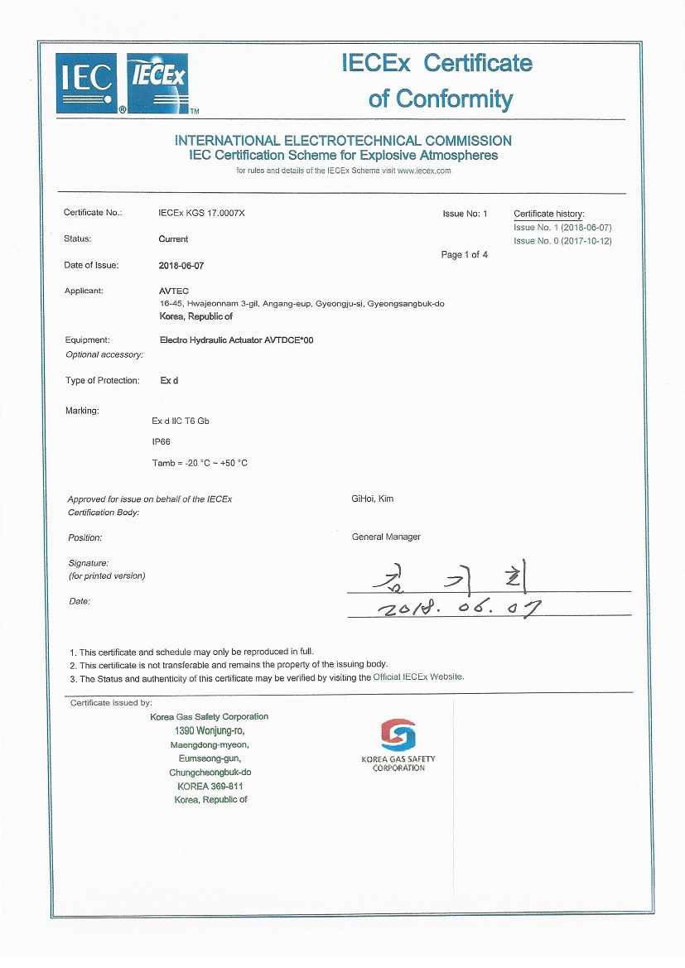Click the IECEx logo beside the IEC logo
158,80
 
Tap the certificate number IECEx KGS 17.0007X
201,213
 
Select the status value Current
173,239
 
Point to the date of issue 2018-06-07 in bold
181,266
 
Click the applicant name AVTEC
173,291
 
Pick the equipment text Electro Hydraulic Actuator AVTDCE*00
236,340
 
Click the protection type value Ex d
169,381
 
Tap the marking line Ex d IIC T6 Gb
181,421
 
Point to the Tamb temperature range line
200,463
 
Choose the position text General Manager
386,537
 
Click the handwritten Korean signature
447,577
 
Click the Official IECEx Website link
417,677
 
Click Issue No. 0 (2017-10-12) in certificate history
562,241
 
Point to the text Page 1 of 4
464,255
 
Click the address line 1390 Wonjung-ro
209,731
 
